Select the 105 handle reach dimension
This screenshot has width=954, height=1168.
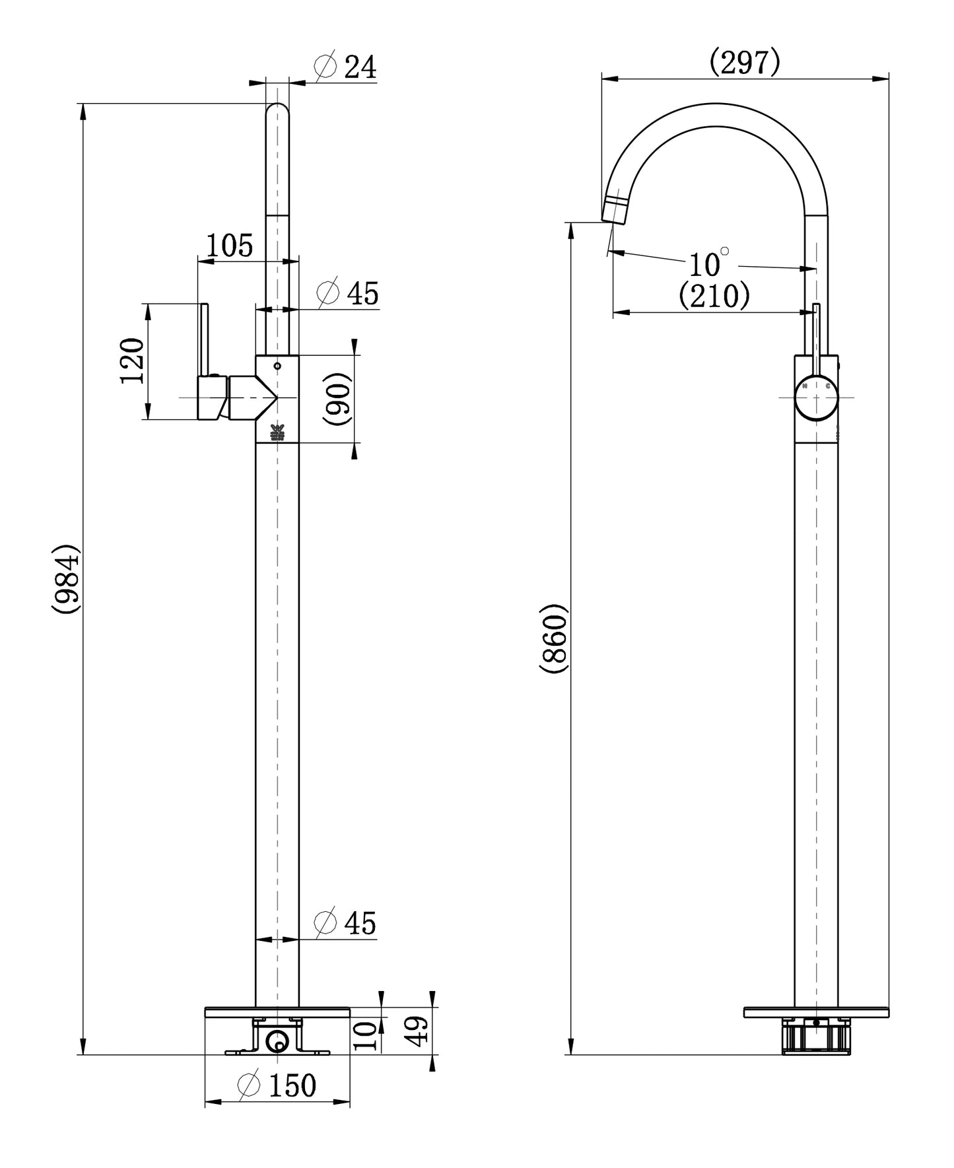[x=230, y=246]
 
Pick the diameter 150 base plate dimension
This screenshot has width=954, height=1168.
[x=277, y=1085]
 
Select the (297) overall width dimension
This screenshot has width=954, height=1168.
[x=745, y=63]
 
